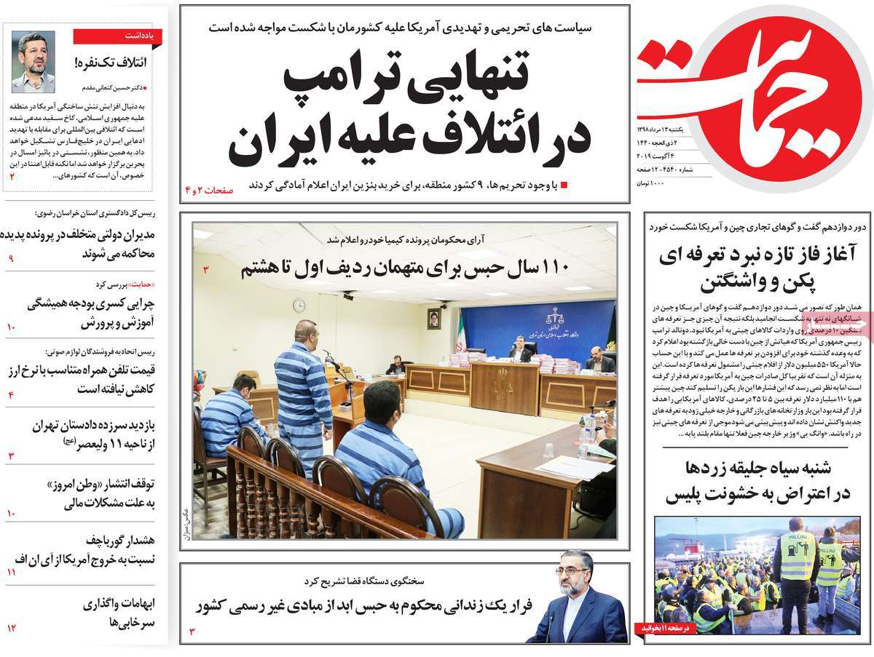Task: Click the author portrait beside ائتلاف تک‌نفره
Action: pos(33,62)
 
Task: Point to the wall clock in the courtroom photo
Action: pos(299,306)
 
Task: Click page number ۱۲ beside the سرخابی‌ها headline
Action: pos(12,627)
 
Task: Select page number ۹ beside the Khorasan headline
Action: pos(11,258)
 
